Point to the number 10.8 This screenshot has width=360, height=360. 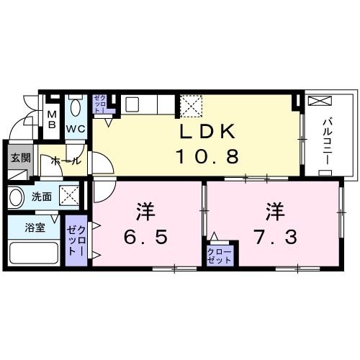(207, 156)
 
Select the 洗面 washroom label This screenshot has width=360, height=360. (41, 195)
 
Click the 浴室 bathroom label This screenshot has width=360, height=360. (35, 225)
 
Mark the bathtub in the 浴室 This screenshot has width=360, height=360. (33, 253)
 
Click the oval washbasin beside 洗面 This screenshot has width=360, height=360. (17, 196)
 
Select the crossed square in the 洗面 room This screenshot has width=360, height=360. (70, 194)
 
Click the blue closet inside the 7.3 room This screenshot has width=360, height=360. (219, 253)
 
